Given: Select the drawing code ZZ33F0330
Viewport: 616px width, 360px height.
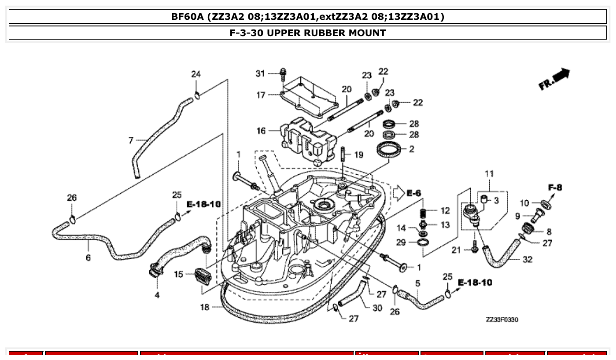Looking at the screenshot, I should click(x=502, y=320).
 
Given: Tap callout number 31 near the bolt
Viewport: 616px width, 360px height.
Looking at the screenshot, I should click(x=261, y=73).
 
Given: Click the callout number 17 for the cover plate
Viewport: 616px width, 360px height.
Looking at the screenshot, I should click(x=261, y=95).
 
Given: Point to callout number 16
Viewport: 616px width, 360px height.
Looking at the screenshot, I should click(x=261, y=131).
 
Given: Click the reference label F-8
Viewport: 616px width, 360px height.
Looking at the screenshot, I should click(x=555, y=187).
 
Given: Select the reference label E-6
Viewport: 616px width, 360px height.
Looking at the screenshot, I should click(x=413, y=193).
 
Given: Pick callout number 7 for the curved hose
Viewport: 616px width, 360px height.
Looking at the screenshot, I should click(x=131, y=140).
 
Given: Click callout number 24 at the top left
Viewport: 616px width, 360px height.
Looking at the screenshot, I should click(x=195, y=74).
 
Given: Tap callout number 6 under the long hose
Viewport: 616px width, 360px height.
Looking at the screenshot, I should click(x=88, y=257).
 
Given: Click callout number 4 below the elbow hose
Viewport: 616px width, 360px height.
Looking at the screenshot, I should click(x=157, y=295).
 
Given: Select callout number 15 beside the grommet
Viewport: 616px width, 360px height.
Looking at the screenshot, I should click(x=178, y=274).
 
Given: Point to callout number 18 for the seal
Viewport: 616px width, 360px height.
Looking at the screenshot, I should click(x=205, y=307).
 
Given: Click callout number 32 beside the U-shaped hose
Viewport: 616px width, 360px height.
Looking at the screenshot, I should click(x=527, y=260).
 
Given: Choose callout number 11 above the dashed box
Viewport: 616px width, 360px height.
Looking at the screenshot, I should click(x=489, y=174).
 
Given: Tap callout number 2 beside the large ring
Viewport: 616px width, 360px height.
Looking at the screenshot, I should click(x=411, y=149).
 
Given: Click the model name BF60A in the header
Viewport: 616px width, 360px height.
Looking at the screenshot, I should click(x=188, y=17).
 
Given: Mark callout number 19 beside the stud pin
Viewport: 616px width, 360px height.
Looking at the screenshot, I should click(x=359, y=154).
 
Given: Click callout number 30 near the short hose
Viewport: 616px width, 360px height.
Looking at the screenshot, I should click(x=377, y=308).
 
